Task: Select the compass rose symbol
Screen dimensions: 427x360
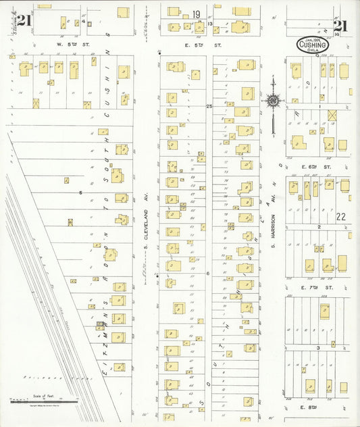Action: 273,101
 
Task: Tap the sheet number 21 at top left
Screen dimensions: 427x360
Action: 24,20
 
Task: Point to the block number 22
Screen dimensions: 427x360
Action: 341,217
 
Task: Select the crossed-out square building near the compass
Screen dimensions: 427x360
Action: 332,116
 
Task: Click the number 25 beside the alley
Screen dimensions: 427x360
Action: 209,106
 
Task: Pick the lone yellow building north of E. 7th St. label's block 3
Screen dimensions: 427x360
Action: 325,311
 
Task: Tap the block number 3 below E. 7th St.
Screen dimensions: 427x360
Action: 317,347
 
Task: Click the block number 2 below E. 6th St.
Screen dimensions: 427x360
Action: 317,227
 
